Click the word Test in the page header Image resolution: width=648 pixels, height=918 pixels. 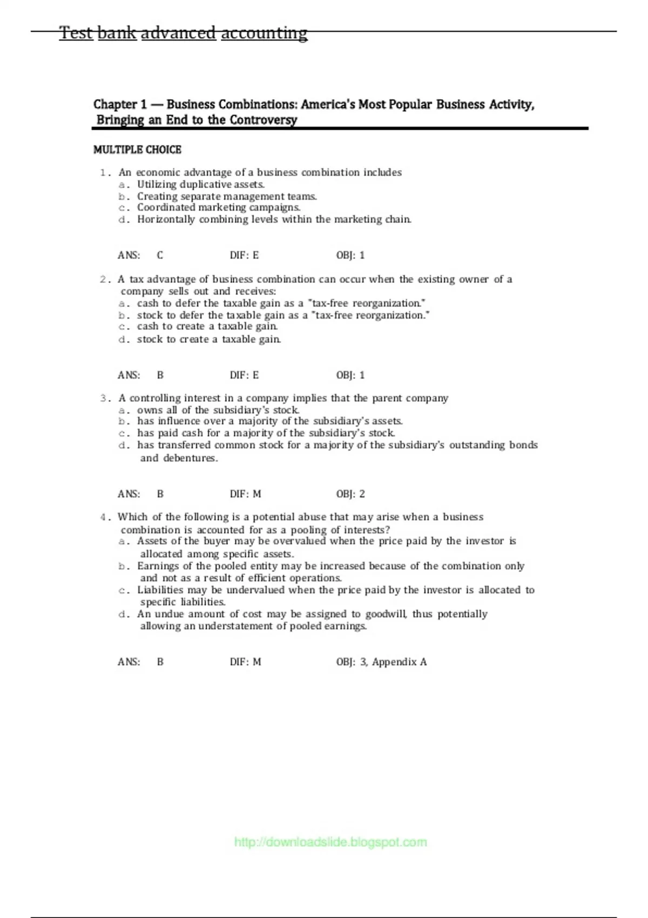[76, 33]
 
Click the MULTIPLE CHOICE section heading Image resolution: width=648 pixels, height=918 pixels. [137, 150]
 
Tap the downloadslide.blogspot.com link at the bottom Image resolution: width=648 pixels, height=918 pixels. [330, 842]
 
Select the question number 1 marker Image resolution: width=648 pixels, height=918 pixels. [105, 173]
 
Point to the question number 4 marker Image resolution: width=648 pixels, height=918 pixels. [105, 517]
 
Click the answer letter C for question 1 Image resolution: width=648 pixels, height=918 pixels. [160, 255]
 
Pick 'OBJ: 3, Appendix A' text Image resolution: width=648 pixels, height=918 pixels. [381, 662]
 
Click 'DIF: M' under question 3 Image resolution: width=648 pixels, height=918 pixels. [245, 494]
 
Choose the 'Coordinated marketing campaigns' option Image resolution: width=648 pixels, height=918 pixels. [218, 207]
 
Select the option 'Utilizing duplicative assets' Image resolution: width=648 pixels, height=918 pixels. [200, 184]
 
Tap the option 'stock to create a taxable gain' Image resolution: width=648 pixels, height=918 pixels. [208, 340]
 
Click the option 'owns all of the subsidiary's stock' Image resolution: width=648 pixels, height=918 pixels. [218, 410]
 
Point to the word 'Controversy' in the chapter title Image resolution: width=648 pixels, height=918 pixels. [263, 120]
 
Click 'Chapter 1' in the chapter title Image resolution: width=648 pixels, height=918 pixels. [120, 104]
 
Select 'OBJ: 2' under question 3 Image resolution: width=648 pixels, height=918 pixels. [350, 494]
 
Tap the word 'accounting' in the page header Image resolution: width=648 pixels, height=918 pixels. [264, 33]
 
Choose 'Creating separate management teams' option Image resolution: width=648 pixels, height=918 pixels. [227, 197]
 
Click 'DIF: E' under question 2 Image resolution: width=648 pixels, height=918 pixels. [244, 375]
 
